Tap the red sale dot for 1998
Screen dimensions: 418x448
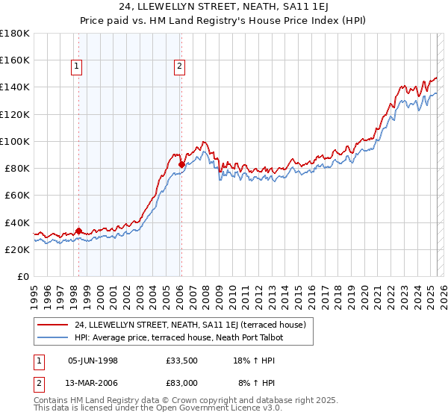78,231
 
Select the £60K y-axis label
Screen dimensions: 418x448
17,195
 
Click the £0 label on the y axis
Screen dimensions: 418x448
23,277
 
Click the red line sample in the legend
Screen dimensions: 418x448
52,325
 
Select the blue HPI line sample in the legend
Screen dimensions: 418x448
52,337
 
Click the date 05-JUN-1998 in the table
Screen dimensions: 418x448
93,361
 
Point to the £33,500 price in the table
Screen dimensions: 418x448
182,361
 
